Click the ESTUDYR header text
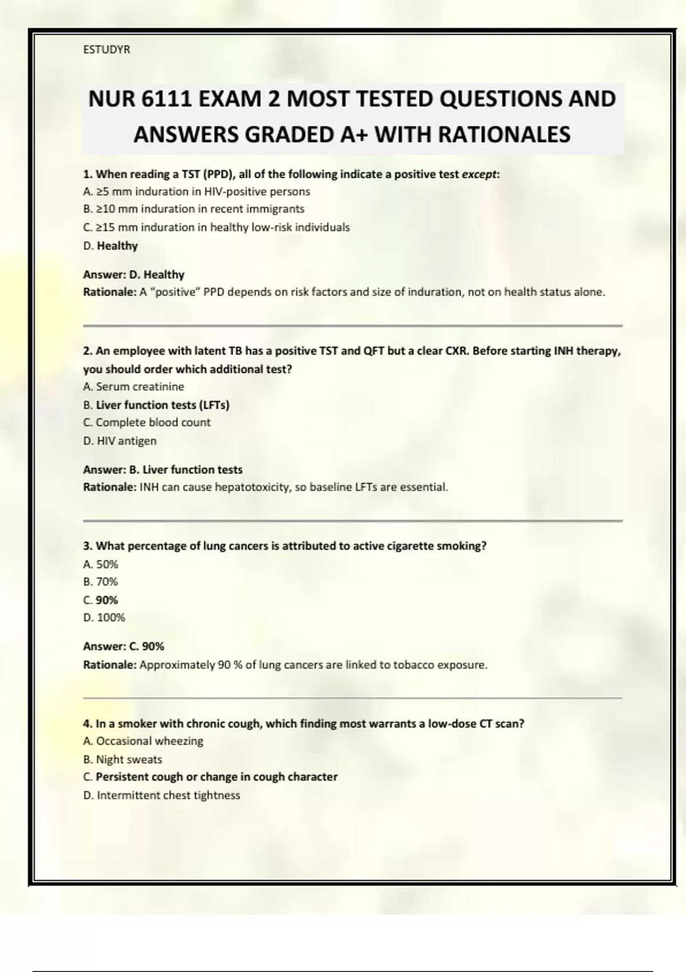[106, 50]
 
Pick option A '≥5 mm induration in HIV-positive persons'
[197, 192]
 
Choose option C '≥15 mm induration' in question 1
[216, 228]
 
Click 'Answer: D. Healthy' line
[134, 274]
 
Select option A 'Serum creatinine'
[134, 387]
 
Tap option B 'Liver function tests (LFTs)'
[156, 405]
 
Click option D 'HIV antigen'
[120, 441]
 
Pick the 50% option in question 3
[101, 564]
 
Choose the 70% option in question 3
[101, 581]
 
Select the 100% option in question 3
[104, 618]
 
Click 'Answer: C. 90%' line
[123, 646]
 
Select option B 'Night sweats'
[123, 759]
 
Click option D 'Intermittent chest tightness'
[162, 795]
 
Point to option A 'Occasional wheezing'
[143, 741]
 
